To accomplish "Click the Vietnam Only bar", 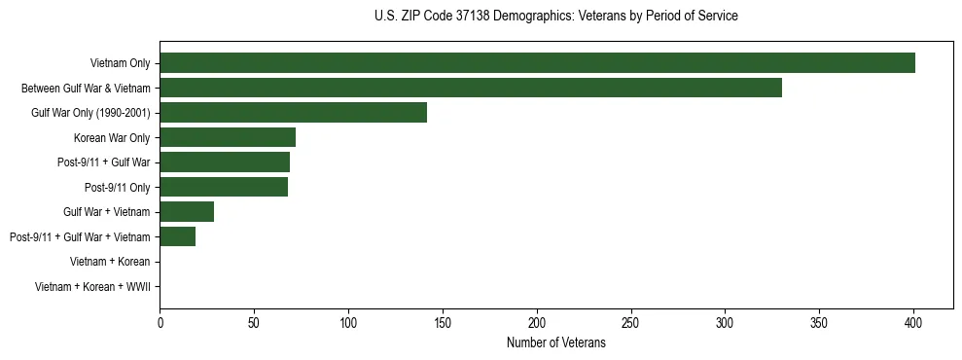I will point(537,63).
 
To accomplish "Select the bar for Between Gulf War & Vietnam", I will point(471,88).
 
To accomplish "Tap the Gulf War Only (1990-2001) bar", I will point(293,113).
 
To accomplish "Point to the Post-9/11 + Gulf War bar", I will point(225,162).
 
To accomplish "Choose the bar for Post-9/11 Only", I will point(224,187).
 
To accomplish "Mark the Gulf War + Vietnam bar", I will point(187,211).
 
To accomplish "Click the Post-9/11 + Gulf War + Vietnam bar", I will point(177,236).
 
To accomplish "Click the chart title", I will point(555,17).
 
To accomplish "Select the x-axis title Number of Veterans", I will point(555,342).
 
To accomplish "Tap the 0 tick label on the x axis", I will point(160,320).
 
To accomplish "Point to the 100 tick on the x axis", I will point(348,320).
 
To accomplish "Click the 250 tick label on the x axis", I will point(631,320).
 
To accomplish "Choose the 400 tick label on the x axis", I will point(913,320).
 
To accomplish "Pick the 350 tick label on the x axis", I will point(819,320).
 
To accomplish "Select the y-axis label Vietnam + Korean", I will point(110,261).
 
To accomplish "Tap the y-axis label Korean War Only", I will point(112,137).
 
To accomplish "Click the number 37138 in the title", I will point(474,17).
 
